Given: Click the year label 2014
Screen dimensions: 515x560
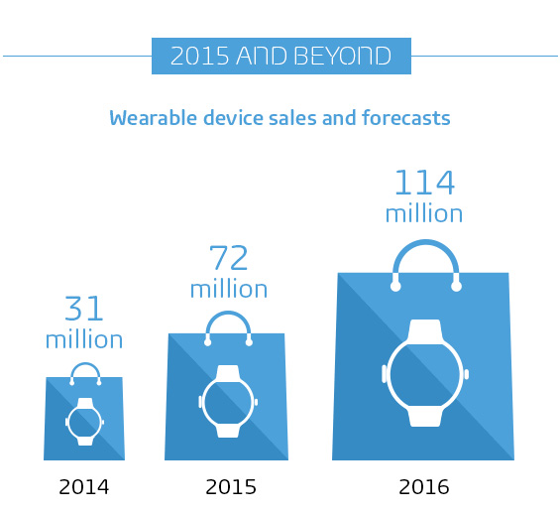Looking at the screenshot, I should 84,487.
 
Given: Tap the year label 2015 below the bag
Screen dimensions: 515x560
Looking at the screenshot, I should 231,487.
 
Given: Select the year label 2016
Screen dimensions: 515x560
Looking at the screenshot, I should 423,487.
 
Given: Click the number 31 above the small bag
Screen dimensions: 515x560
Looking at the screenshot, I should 84,309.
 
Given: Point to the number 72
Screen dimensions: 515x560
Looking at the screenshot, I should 229,258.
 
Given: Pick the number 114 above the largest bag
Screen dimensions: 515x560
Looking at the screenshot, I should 424,184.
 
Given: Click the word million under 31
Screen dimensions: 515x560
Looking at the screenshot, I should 84,339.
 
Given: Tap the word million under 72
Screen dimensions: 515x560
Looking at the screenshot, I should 229,289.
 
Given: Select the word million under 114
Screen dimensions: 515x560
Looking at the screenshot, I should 424,213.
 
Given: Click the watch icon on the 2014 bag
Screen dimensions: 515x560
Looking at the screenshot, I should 85,421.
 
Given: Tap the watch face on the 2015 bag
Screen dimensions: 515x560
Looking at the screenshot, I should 228,401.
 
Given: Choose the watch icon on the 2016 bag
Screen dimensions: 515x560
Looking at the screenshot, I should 424,373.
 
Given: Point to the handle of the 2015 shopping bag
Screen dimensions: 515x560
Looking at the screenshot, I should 228,323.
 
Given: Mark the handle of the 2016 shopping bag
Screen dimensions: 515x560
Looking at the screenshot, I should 425,256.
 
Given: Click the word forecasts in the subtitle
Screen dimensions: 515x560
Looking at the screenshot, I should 407,119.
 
